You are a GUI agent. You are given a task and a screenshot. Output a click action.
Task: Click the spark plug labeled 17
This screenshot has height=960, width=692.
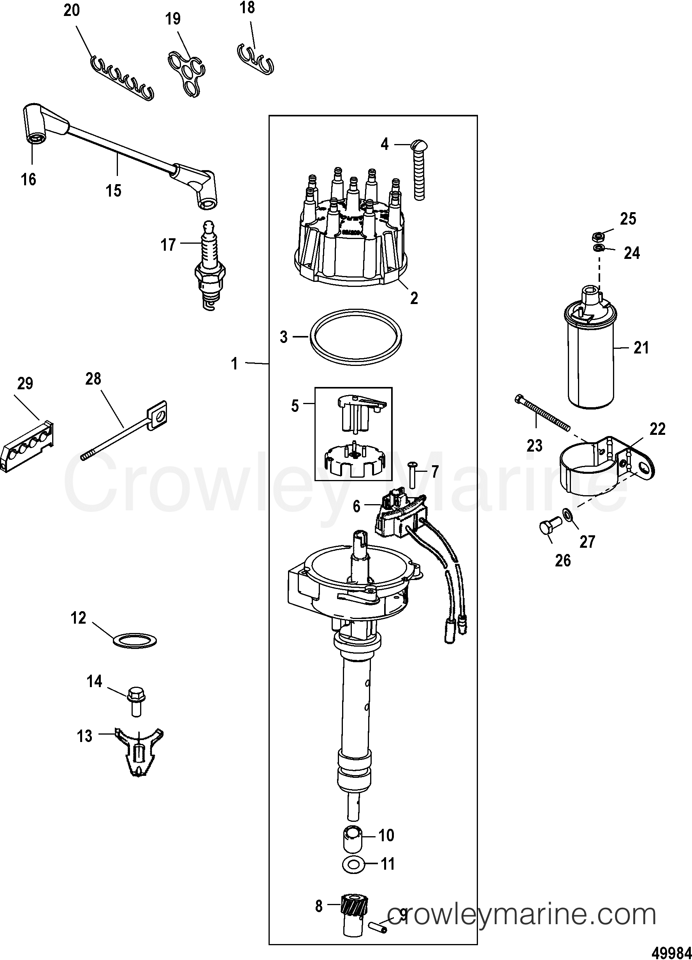click(209, 267)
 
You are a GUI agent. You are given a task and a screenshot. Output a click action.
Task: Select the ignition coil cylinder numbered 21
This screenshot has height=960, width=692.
click(590, 360)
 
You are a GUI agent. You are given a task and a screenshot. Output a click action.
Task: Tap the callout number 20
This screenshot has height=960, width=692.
click(72, 10)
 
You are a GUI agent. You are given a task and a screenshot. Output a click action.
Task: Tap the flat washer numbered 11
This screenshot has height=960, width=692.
click(352, 864)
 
